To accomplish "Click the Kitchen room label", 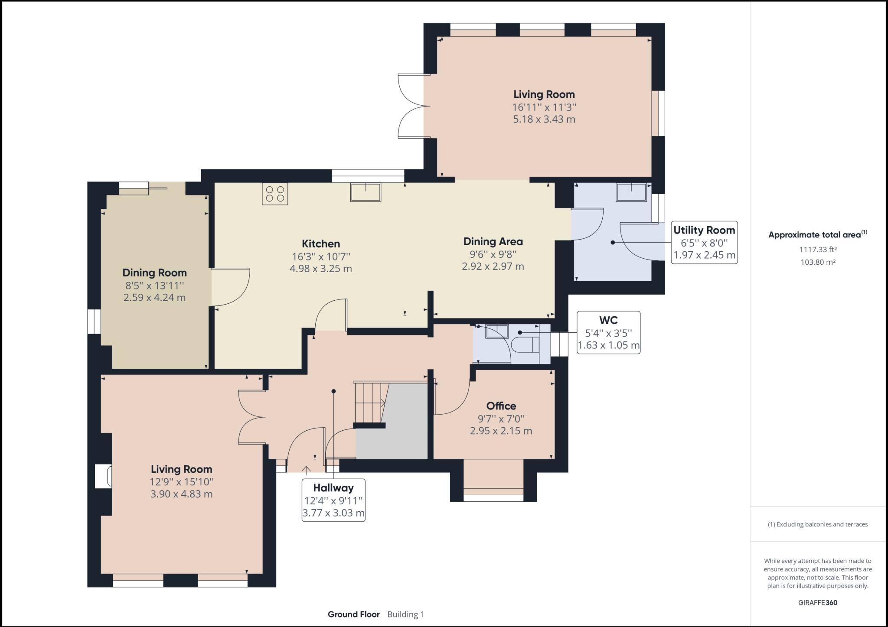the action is [321, 244].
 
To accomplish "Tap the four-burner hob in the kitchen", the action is [275, 194].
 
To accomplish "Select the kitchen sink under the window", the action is [366, 192].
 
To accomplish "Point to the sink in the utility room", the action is [631, 192].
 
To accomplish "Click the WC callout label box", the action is [608, 332].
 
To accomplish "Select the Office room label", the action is [501, 406].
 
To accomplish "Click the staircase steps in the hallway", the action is [370, 403].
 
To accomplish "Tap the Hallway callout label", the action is [333, 500].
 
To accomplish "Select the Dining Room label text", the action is [154, 273].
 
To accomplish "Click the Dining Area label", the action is [493, 242].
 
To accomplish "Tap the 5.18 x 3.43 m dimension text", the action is [544, 119].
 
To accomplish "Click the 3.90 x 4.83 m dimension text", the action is [181, 494].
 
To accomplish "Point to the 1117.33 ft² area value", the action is [818, 250].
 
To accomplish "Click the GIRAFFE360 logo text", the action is [818, 602].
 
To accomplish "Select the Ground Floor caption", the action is [354, 614].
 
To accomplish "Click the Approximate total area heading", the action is [818, 234].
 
